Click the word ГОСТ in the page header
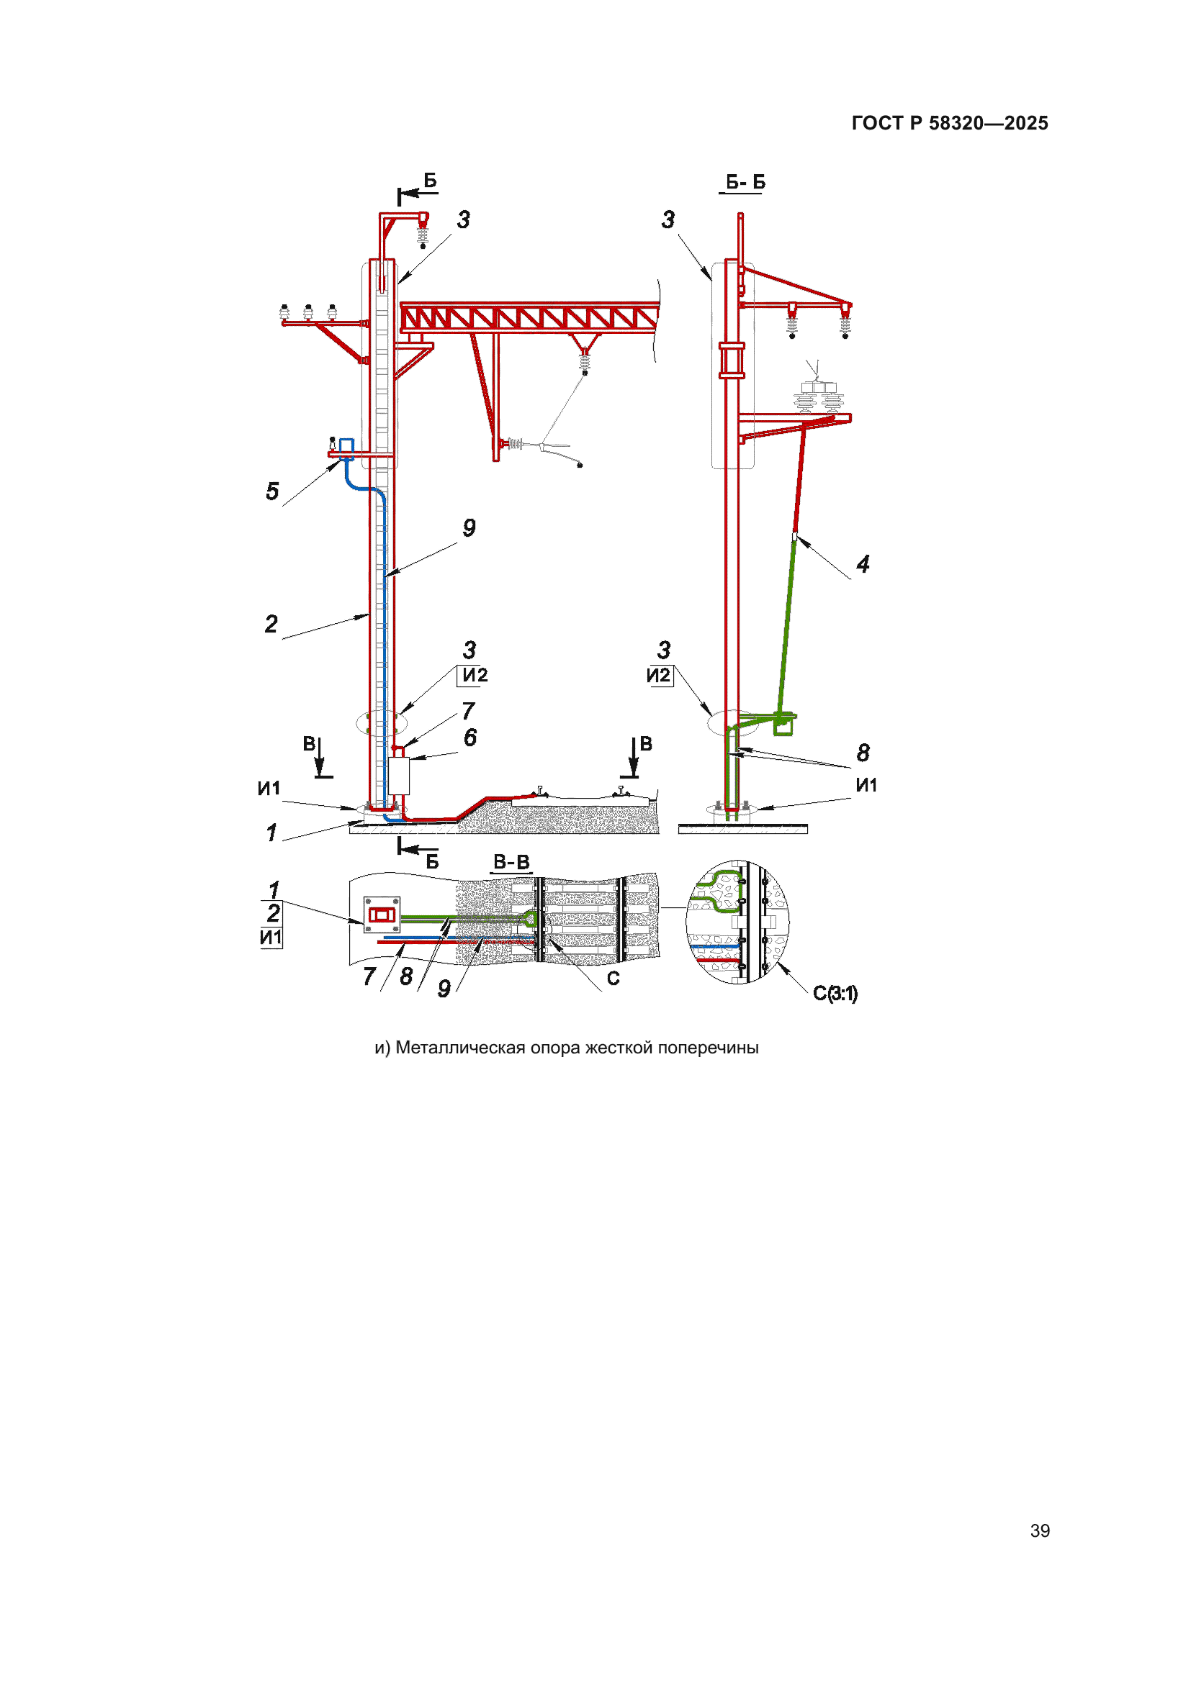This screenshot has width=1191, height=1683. [877, 123]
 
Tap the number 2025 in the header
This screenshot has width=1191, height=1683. [1026, 123]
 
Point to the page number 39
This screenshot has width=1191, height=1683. [1040, 1530]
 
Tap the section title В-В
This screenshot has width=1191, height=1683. [511, 862]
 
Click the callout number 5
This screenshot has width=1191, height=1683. [272, 491]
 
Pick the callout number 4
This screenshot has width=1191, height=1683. [863, 563]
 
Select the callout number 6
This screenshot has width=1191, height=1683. [470, 738]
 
